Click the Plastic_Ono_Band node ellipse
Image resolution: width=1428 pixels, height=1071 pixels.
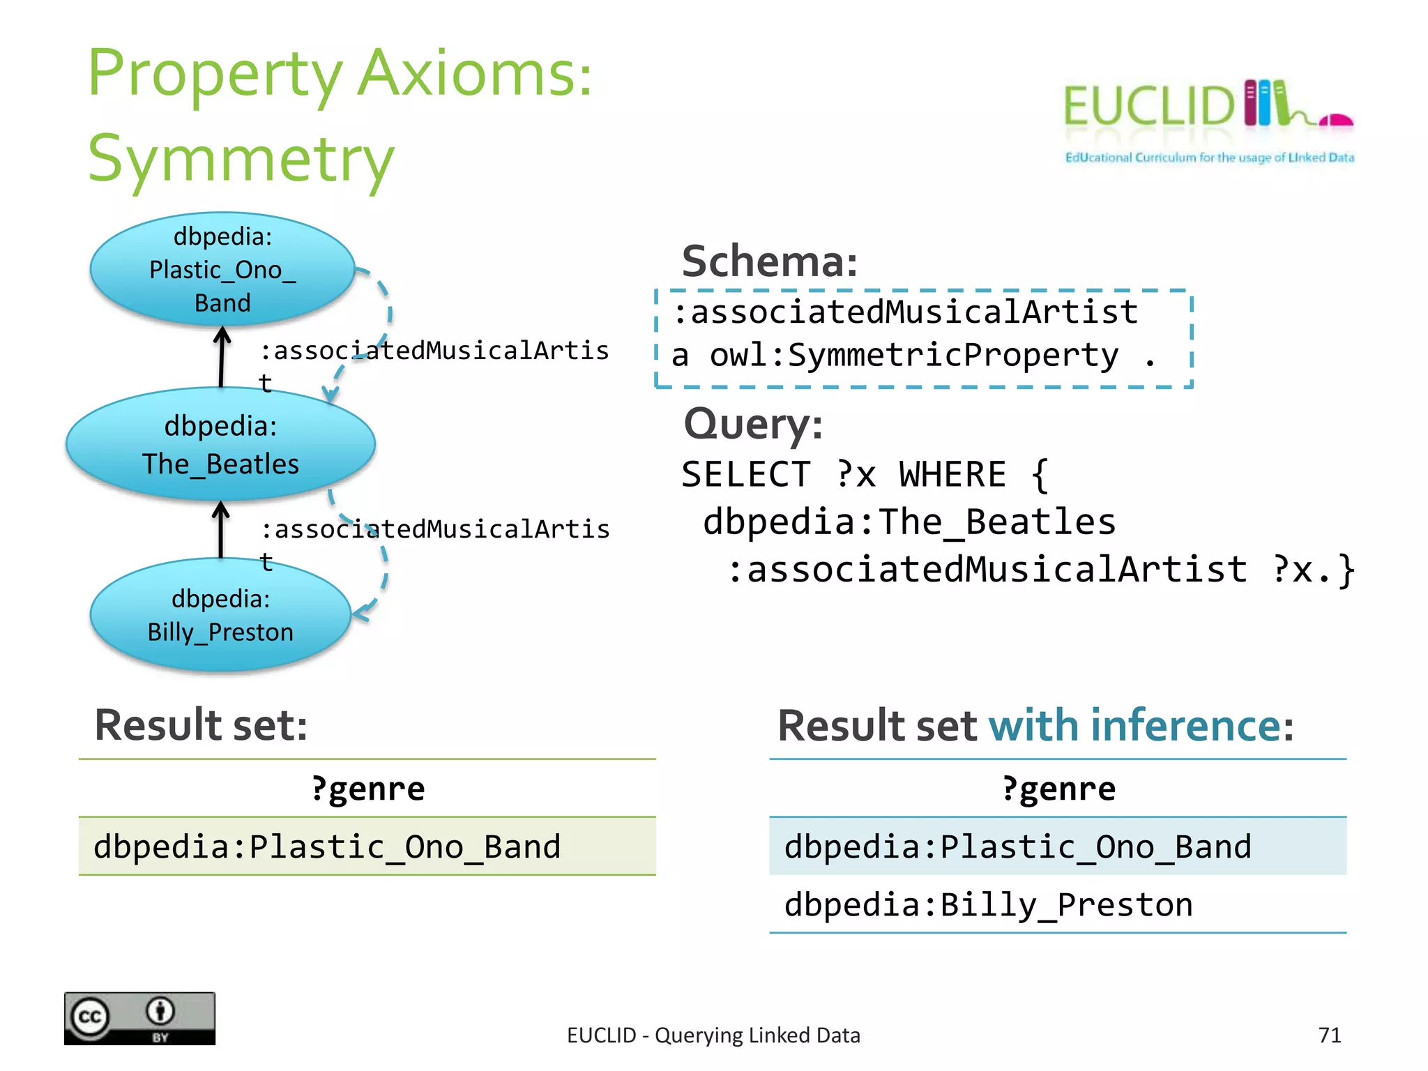222,269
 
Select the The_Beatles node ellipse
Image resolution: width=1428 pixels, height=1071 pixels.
220,444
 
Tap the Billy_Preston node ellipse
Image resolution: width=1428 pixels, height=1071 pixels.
220,615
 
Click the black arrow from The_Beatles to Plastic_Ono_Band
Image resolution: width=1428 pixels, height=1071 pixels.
222,357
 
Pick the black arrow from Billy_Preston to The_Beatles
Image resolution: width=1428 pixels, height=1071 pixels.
221,530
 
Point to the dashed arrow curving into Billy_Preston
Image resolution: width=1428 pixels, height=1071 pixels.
380,579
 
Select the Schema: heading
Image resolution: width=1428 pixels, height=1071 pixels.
770,261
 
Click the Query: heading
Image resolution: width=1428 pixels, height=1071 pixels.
753,424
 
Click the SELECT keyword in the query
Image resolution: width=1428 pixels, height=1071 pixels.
746,475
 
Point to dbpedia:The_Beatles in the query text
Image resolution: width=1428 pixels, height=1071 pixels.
909,522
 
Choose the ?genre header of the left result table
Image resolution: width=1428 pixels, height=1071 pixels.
367,789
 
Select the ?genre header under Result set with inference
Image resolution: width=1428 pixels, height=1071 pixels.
1058,789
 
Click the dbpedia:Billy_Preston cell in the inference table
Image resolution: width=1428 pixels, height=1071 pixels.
989,905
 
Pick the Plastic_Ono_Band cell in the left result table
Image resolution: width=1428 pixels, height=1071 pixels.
328,847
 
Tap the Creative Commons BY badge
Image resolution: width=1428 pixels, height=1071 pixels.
139,1018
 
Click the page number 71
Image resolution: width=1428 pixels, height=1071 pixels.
1330,1035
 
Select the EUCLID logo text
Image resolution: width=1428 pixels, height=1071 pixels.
1149,107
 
